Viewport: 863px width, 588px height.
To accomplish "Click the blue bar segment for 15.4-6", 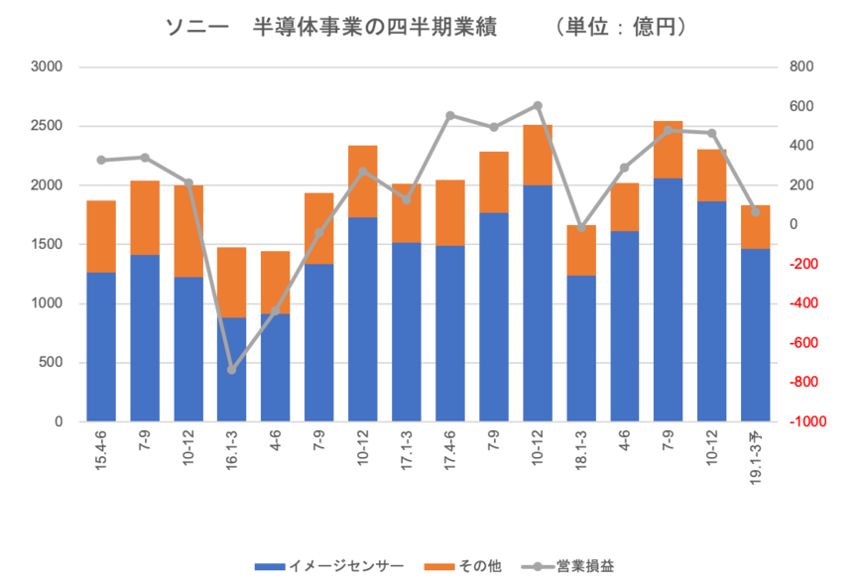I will [x=101, y=346].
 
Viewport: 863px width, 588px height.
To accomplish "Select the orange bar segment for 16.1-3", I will [x=232, y=282].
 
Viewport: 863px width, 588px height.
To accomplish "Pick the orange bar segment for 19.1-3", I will [x=756, y=226].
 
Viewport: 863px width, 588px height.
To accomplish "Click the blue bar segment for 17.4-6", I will [x=450, y=333].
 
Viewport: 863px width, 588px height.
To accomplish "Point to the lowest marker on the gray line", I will [x=232, y=370].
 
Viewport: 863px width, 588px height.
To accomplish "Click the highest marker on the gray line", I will [x=538, y=104].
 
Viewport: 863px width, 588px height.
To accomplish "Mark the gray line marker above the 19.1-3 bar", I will [x=756, y=211].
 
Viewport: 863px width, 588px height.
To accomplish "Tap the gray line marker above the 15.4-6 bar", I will [x=101, y=160].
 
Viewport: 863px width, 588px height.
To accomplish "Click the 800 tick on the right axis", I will [x=801, y=67].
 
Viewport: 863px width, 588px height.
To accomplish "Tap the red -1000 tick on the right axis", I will [x=806, y=422].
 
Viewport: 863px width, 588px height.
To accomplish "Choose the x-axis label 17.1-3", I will [x=407, y=447].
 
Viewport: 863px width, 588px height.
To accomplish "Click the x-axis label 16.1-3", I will [x=232, y=447].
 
